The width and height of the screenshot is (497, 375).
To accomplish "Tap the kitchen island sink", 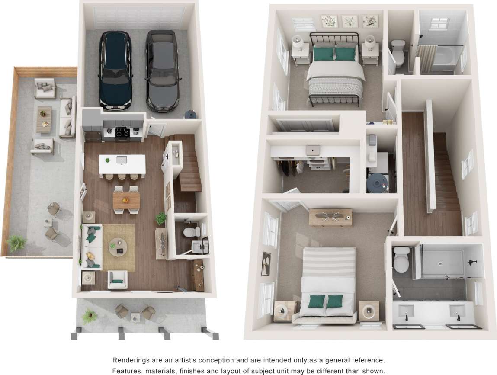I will tap(122, 160).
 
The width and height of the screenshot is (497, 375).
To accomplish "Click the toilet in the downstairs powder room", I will tap(190, 233).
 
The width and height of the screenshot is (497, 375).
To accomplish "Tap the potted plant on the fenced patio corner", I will tap(16, 243).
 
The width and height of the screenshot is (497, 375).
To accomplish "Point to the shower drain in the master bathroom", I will tap(440, 263).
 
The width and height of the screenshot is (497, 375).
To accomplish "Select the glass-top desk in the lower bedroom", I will tap(330, 217).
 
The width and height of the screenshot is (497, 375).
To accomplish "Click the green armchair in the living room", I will tap(117, 279).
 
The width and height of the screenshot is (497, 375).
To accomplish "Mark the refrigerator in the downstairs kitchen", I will tap(92, 128).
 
